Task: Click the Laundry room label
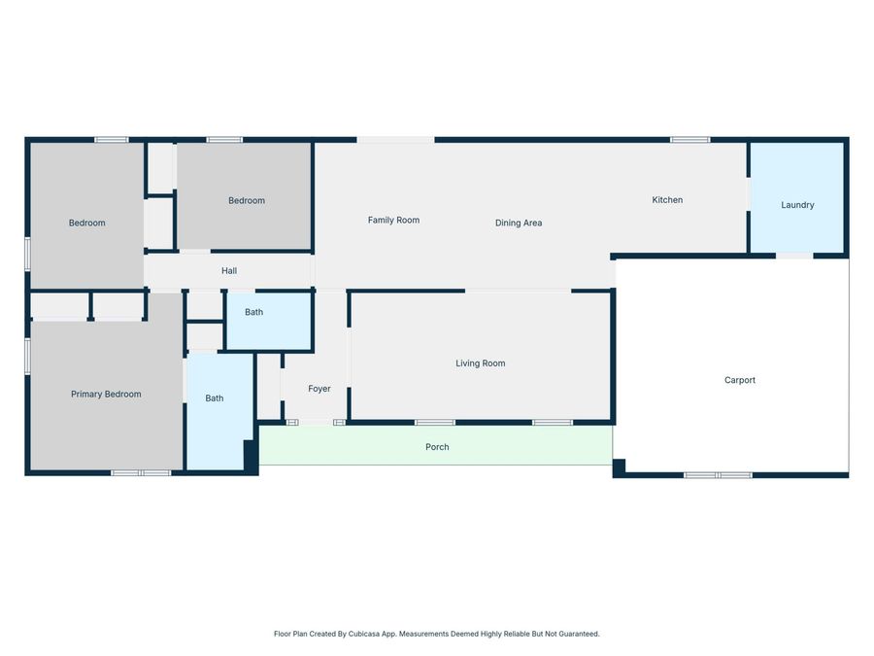point(797,205)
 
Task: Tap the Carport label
point(739,380)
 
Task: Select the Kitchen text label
point(667,200)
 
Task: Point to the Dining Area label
point(519,223)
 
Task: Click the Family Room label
point(393,220)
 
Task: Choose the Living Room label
point(481,363)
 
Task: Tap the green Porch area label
point(437,447)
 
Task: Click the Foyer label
point(319,389)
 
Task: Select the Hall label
point(229,271)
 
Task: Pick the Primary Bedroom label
point(106,395)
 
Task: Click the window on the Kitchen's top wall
point(689,140)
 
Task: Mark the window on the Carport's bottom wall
point(718,475)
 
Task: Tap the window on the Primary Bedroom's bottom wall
point(141,473)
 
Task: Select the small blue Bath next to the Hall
point(253,312)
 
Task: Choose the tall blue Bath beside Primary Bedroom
point(214,398)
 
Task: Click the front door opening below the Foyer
point(316,423)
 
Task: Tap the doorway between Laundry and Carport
point(794,256)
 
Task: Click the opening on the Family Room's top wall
point(395,140)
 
